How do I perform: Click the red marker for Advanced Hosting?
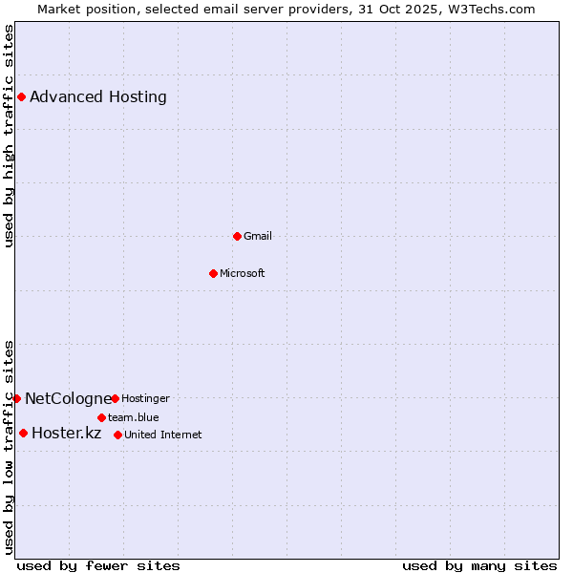21,96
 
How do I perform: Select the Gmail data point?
237,236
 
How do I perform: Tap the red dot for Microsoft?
213,273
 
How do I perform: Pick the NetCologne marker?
16,398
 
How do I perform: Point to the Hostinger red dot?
115,398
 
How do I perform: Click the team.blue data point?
101,417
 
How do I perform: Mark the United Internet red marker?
117,435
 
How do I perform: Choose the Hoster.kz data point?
23,433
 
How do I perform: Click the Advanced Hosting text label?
98,96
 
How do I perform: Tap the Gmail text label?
258,236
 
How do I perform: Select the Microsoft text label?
243,273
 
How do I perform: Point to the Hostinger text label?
145,398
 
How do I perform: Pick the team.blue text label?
134,417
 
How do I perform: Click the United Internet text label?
163,435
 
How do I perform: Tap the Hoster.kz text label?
67,434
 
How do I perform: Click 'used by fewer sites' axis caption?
98,565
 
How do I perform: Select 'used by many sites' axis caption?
479,565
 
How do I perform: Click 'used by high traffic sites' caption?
10,136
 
